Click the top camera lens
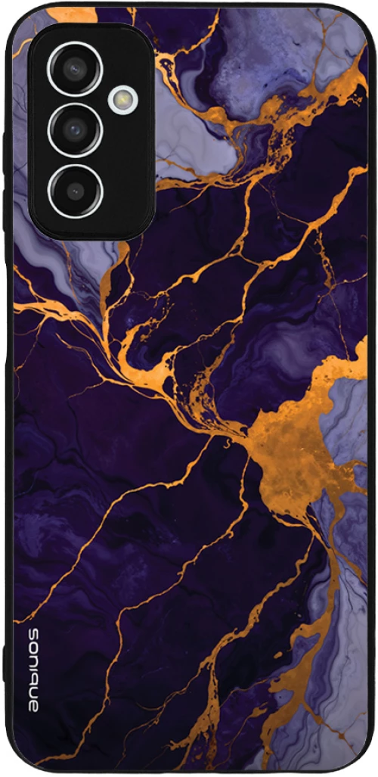point(74,69)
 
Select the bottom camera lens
point(74,190)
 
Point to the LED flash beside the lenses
point(122,99)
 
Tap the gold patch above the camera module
point(72,14)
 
